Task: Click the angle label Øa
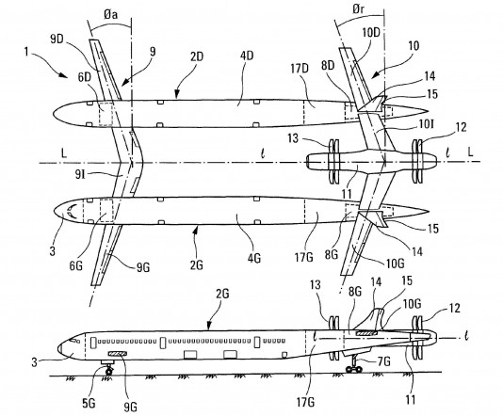[x=110, y=14]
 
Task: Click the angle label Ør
[x=358, y=9]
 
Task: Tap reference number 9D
[x=57, y=39]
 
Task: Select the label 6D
[x=85, y=77]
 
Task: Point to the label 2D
[x=197, y=56]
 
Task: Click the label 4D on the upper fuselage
[x=247, y=56]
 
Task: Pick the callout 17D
[x=300, y=69]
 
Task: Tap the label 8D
[x=328, y=65]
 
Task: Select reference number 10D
[x=371, y=32]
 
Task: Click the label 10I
[x=426, y=124]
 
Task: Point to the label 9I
[x=80, y=174]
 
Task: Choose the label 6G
[x=75, y=265]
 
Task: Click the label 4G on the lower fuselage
[x=253, y=258]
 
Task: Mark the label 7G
[x=383, y=361]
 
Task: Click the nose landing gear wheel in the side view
[x=109, y=372]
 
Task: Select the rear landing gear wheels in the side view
[x=354, y=370]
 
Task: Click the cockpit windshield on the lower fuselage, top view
[x=72, y=212]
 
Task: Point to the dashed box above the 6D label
[x=105, y=115]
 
